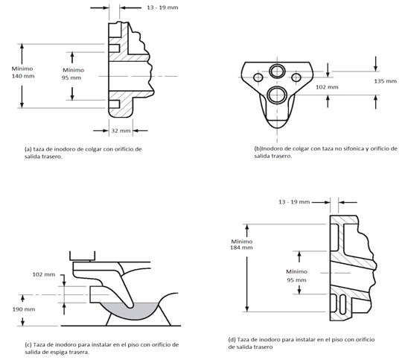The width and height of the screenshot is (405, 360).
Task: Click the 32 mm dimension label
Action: (121, 131)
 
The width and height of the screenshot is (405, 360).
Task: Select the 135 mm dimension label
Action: (386, 81)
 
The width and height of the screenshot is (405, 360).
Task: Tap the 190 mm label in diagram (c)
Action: (24, 309)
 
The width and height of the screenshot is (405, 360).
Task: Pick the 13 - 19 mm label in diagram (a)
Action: (162, 7)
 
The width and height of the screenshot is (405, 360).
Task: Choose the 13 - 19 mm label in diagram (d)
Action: (294, 202)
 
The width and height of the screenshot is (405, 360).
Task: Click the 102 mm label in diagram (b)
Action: (327, 87)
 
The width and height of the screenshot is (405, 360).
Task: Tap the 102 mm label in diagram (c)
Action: (44, 274)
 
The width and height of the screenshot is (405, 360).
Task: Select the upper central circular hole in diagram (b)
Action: (277, 71)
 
